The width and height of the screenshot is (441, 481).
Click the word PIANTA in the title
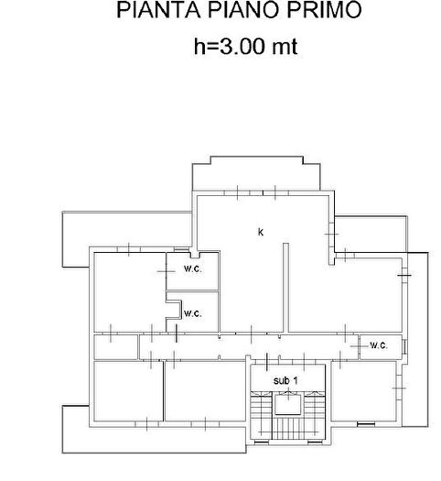click(158, 10)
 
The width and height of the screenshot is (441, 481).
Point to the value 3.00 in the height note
click(242, 47)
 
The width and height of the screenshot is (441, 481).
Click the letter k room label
click(261, 232)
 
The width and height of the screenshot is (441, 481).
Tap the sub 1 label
click(285, 381)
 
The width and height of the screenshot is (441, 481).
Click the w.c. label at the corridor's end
click(379, 345)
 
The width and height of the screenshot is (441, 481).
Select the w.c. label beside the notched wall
click(193, 313)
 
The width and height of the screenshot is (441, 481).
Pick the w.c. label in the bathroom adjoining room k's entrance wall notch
click(193, 269)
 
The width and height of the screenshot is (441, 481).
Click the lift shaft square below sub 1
click(288, 405)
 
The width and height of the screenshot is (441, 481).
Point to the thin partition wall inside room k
click(285, 288)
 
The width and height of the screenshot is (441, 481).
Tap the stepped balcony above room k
click(256, 174)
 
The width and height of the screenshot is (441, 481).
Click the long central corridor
click(249, 347)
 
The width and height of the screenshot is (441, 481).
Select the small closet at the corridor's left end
click(116, 347)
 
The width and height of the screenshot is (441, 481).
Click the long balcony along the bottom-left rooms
click(154, 439)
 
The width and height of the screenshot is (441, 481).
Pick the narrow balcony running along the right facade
click(417, 339)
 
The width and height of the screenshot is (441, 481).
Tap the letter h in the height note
click(199, 47)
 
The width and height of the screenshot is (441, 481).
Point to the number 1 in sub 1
click(296, 380)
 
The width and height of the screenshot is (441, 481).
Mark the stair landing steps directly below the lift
click(288, 429)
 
